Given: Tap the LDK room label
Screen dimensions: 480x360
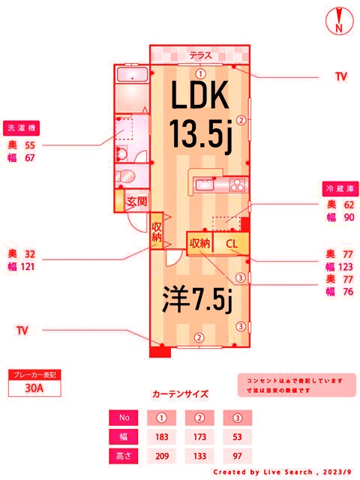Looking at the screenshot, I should pos(199,97).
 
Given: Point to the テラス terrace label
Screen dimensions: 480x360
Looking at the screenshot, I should pos(200,55).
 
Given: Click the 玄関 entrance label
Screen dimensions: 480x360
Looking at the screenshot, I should pos(136,201).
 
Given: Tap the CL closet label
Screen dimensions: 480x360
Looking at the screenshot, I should pos(232,243).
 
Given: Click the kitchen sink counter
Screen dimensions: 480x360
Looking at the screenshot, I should pos(218,184).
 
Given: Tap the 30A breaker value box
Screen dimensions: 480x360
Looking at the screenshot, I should pos(33,388).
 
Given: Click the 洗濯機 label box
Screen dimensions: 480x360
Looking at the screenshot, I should pos(22,127).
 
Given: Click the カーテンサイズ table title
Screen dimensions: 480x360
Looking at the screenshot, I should pos(180,393).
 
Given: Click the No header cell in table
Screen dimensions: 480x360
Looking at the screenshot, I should pos(124,417).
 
